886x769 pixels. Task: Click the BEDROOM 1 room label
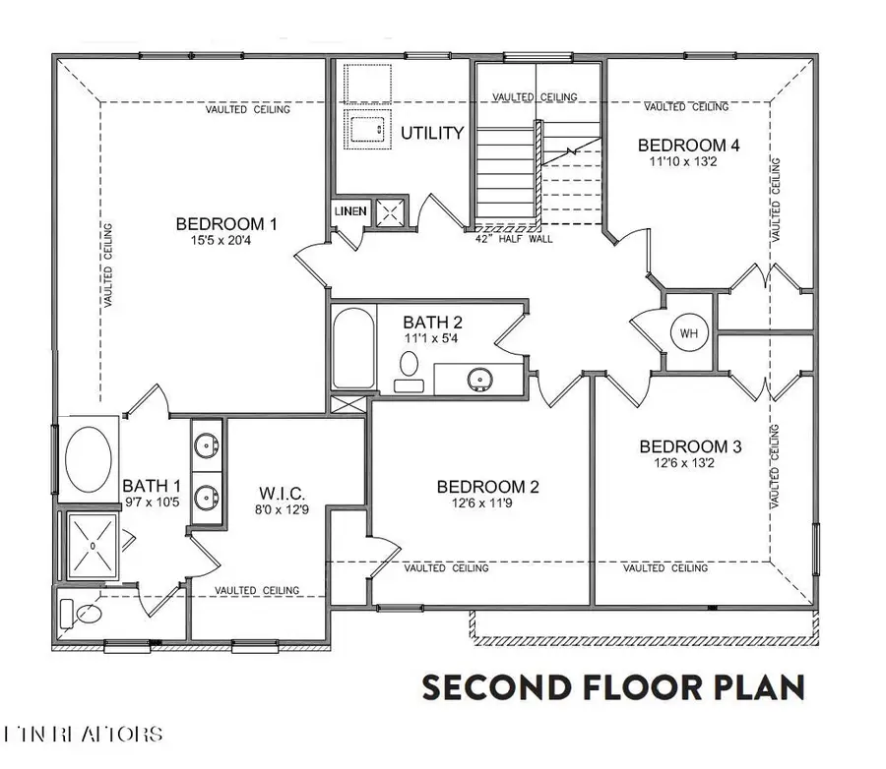225,223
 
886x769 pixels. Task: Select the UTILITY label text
431,132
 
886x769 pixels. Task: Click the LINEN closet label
350,211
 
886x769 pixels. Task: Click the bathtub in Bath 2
351,349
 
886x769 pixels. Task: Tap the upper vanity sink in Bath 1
206,445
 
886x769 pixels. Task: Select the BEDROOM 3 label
690,445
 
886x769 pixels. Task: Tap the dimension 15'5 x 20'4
226,240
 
